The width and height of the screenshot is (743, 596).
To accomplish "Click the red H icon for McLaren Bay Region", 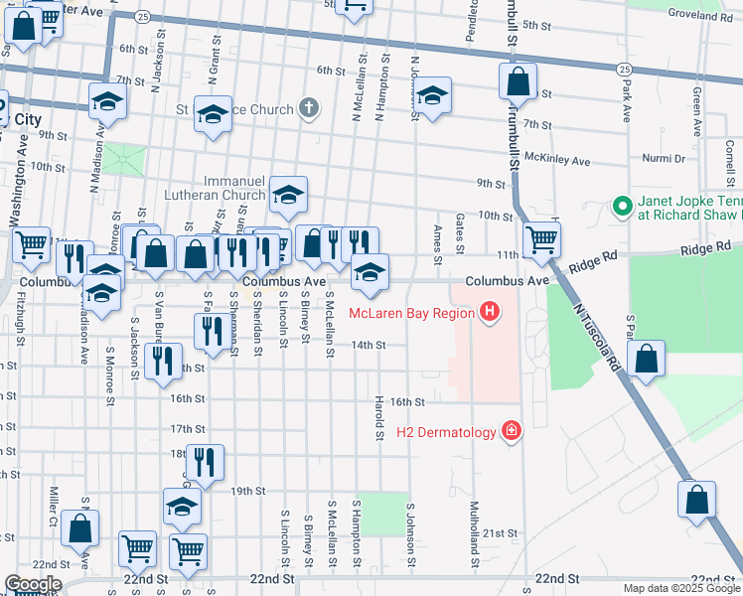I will [x=489, y=314].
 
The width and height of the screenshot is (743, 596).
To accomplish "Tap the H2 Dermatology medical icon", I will [x=512, y=430].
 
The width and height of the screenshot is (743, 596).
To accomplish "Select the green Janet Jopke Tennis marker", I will [x=622, y=207].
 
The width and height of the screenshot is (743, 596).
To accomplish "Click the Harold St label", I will [x=379, y=420].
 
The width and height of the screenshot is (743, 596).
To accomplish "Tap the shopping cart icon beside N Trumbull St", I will [x=541, y=238].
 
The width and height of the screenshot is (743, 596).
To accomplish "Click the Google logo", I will [x=32, y=584].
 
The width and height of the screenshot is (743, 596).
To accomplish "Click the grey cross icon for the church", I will [x=309, y=109].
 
